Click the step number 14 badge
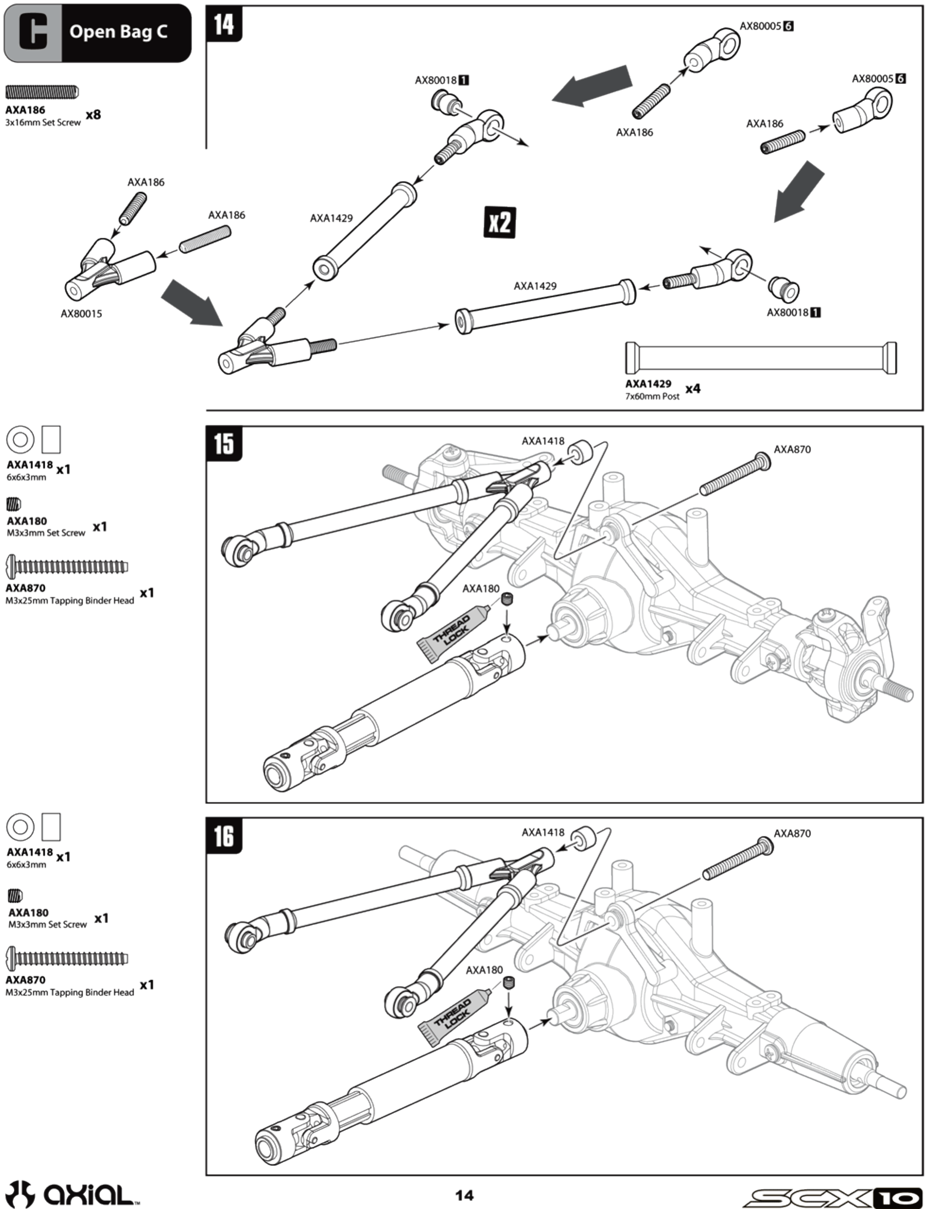[224, 24]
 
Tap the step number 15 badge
[224, 443]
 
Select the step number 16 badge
[224, 835]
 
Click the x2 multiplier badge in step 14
[499, 222]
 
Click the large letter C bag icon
[33, 33]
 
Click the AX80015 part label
[81, 314]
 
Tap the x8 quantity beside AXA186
[93, 115]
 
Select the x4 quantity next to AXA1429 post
[693, 389]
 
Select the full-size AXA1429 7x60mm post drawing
[761, 358]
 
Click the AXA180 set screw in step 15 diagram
[507, 599]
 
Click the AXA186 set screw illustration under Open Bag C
[43, 92]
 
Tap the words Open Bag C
[119, 32]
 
